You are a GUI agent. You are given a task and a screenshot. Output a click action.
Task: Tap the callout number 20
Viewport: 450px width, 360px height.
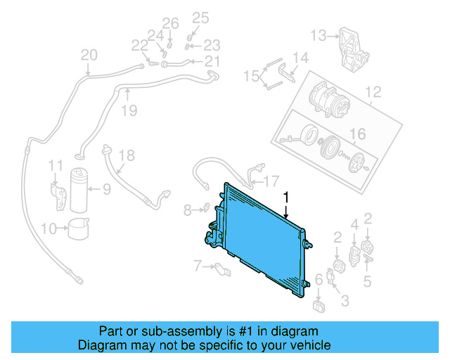click(89, 55)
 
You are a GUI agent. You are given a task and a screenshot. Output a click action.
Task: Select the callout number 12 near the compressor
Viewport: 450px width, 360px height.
click(372, 91)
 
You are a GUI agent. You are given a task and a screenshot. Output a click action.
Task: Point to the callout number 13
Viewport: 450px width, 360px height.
click(319, 34)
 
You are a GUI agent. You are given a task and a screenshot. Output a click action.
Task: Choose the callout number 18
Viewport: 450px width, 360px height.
click(126, 155)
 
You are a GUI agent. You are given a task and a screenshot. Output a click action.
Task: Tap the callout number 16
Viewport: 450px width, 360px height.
click(358, 134)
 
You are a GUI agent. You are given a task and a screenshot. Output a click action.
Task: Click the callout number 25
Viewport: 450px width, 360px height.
click(201, 18)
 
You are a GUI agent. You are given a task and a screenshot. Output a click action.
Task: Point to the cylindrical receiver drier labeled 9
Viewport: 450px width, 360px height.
click(79, 190)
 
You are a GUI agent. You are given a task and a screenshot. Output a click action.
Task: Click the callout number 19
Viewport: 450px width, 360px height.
click(127, 110)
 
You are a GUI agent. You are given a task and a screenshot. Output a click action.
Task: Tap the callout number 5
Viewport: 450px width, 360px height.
click(367, 283)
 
